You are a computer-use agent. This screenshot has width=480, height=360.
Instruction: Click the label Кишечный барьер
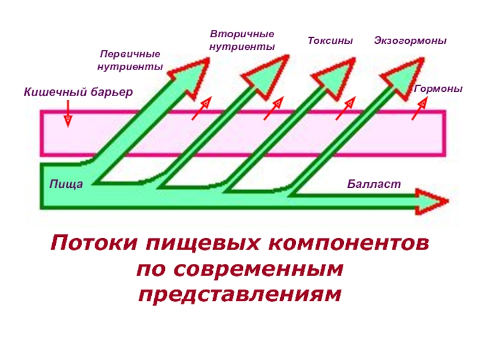tap(78, 92)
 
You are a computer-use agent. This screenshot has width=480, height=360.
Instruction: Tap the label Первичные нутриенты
tap(130, 61)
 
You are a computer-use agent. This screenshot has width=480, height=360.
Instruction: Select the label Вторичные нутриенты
tap(242, 40)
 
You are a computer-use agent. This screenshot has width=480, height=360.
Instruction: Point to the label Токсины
tap(330, 41)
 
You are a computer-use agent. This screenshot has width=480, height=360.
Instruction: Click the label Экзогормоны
tap(410, 41)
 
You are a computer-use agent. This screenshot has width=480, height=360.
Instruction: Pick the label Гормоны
tap(438, 88)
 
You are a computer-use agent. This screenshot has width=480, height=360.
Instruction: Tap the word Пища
tap(66, 184)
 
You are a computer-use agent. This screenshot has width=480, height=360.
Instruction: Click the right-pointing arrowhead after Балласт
tap(434, 201)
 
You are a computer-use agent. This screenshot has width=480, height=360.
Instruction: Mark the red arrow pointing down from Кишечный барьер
tap(68, 113)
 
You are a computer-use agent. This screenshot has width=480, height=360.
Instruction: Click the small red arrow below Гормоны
tap(419, 109)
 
